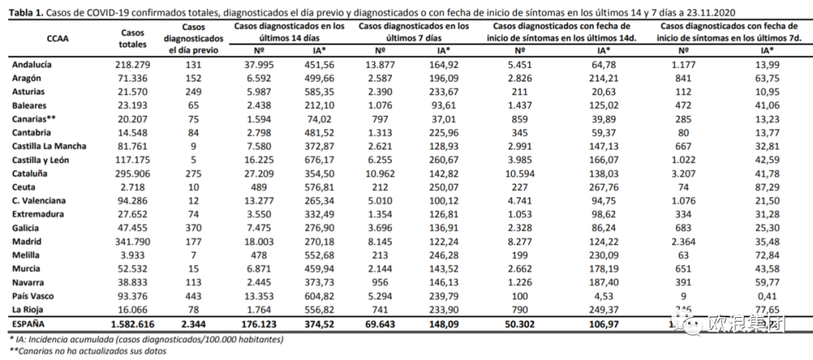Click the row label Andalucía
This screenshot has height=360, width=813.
[32, 65]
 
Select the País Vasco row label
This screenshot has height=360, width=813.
[33, 296]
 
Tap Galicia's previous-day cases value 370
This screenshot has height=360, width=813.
[193, 228]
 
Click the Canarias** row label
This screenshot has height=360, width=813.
[35, 119]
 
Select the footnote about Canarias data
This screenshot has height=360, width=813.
[87, 351]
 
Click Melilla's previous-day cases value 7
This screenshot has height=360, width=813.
[193, 255]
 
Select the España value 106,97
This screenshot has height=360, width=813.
[603, 324]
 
